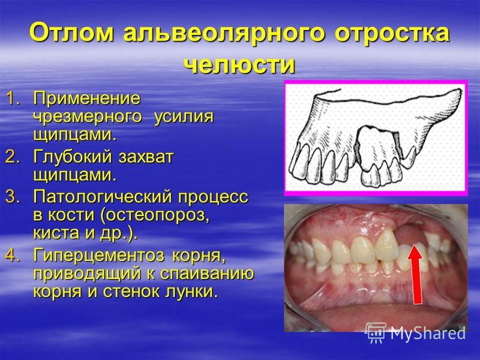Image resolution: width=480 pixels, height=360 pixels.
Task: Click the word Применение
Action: [x=87, y=99]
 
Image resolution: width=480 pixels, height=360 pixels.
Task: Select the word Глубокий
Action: [x=73, y=157]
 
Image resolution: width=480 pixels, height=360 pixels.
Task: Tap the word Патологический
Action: [x=102, y=197]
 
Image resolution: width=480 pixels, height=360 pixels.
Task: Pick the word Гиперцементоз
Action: [x=99, y=256]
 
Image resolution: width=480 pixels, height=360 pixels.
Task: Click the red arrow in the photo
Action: [x=416, y=274]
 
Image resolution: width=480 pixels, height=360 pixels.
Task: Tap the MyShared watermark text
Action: [x=428, y=333]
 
